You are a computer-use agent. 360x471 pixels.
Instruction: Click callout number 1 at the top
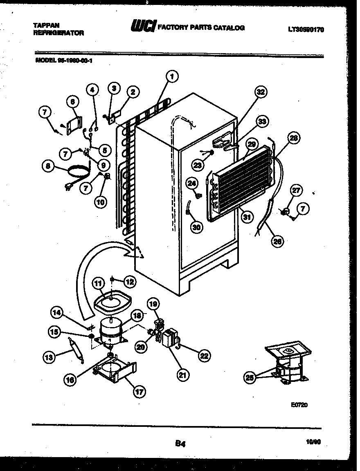coord(172,76)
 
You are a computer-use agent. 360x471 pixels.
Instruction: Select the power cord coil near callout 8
coord(78,172)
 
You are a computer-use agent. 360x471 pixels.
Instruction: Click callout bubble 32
coord(260,92)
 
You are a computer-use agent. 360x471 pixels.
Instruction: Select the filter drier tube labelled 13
coord(76,349)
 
